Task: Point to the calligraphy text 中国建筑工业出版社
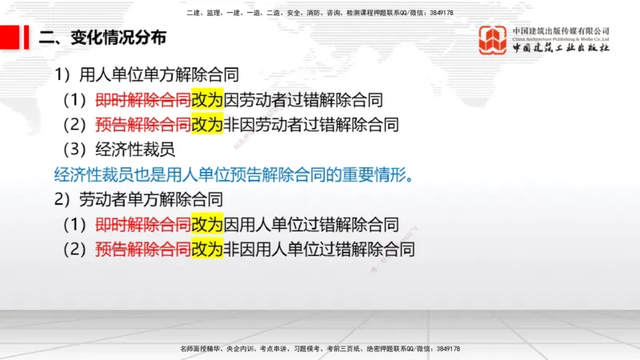coord(561,49)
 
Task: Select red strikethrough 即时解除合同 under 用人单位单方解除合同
coord(142,100)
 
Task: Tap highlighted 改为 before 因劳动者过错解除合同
coord(207,100)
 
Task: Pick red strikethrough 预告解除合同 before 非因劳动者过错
coord(142,125)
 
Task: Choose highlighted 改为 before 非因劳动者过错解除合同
coord(207,125)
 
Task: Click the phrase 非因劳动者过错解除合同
coord(311,125)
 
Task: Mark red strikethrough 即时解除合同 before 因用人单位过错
coord(142,224)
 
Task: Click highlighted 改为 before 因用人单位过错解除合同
coord(207,224)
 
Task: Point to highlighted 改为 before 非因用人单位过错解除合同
coord(207,249)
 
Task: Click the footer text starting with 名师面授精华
coord(320,350)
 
